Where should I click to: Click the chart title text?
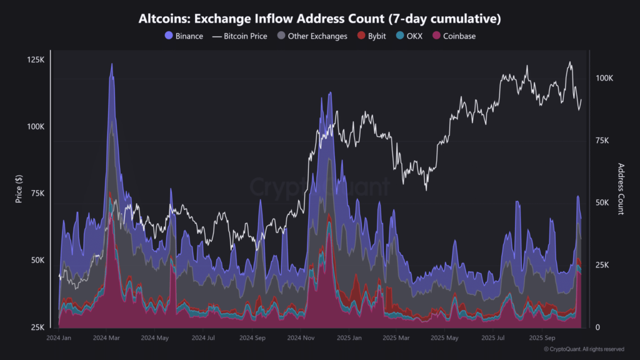click(319, 19)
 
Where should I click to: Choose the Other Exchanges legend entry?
click(312, 36)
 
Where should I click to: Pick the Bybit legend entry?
click(370, 36)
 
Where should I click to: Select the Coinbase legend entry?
click(454, 36)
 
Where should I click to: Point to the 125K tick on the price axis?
click(36, 60)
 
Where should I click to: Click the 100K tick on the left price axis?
click(36, 127)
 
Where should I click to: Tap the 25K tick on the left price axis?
click(37, 327)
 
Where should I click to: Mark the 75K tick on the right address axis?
click(604, 141)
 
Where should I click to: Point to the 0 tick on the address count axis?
click(598, 327)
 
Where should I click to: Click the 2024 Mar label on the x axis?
click(106, 338)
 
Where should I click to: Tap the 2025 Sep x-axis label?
click(541, 338)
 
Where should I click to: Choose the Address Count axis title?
click(621, 189)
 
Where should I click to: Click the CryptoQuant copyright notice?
click(584, 349)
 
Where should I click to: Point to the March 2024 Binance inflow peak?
click(112, 64)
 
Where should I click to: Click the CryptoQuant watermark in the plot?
click(319, 186)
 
